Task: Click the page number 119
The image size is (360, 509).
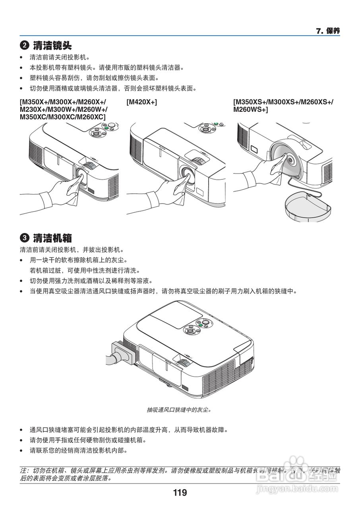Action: (x=180, y=493)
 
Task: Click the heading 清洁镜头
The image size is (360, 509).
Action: (x=52, y=45)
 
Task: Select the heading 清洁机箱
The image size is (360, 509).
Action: (x=52, y=238)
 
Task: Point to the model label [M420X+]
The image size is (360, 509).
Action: (x=142, y=103)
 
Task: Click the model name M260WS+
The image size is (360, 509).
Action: (x=250, y=109)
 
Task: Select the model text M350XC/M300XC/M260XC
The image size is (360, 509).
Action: (x=62, y=117)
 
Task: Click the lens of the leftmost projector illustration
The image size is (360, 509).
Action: (x=81, y=174)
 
